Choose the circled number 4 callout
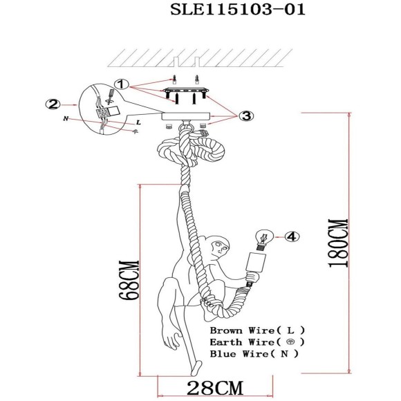pos(292,237)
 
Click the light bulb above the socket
pos(264,238)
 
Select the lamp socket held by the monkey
pos(258,265)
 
